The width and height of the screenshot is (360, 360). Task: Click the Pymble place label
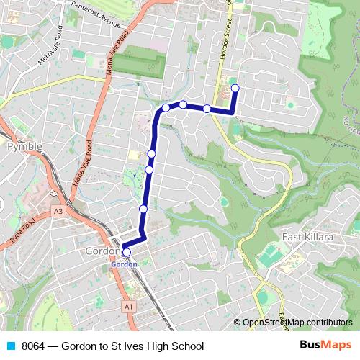click(x=24, y=146)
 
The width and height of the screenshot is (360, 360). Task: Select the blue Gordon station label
click(x=125, y=264)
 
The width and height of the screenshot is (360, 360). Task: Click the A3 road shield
click(x=58, y=211)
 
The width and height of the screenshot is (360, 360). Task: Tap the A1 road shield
click(x=129, y=307)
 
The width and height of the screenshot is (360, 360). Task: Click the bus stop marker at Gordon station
click(x=127, y=252)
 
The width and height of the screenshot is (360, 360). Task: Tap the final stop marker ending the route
click(x=235, y=88)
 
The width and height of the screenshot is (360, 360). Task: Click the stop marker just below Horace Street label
click(x=207, y=109)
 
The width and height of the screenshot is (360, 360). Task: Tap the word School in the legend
click(x=188, y=346)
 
